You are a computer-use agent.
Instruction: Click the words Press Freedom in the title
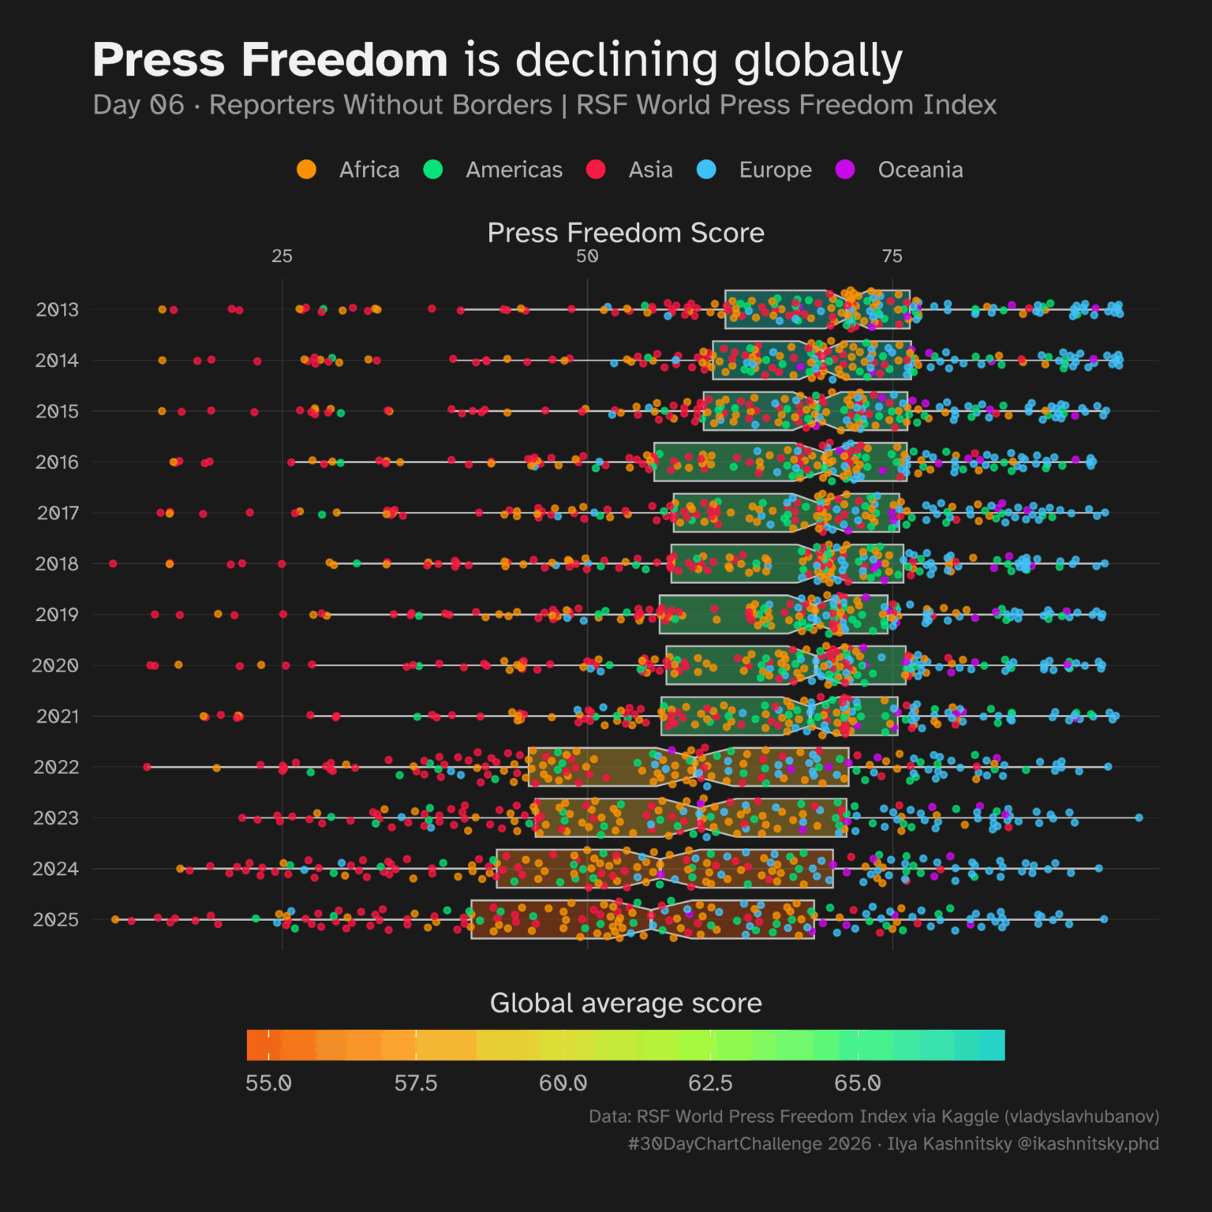point(270,60)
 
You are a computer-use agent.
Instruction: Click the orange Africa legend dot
point(306,170)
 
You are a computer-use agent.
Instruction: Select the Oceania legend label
point(920,170)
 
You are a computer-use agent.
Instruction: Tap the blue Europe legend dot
point(706,170)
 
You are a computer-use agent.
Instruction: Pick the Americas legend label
point(514,170)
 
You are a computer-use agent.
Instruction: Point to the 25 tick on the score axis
point(282,256)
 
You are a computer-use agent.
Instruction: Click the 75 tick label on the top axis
point(892,256)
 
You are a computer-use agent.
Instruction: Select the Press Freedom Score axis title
point(626,233)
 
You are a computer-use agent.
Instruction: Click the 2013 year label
point(57,309)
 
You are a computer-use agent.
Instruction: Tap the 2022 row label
point(56,767)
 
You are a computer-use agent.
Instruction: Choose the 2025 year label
point(55,919)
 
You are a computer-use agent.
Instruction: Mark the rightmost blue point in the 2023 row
point(1139,817)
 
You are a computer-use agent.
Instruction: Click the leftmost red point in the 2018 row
point(113,563)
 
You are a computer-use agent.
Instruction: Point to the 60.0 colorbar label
point(563,1083)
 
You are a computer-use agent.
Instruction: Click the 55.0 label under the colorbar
point(268,1083)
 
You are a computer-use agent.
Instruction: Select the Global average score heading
point(626,1003)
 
